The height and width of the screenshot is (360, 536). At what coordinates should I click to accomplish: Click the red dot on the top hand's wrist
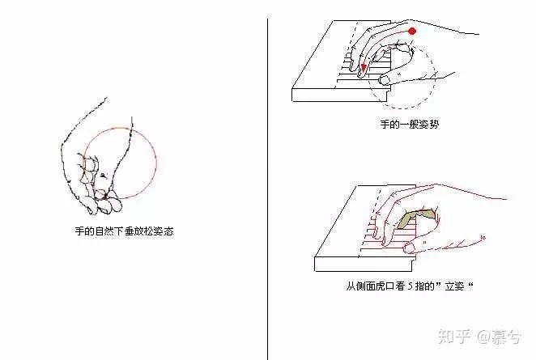[x=412, y=31]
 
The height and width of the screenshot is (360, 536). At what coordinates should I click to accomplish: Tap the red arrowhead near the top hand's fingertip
[x=364, y=68]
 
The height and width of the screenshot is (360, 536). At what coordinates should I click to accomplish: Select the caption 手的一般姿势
[x=409, y=124]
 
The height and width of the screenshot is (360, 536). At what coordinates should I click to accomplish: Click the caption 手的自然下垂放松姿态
[x=125, y=231]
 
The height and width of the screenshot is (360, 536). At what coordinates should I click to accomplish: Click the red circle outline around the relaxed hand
[x=156, y=163]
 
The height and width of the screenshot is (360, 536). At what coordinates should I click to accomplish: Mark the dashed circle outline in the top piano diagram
[x=435, y=75]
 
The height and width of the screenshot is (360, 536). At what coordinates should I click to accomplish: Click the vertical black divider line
[x=267, y=188]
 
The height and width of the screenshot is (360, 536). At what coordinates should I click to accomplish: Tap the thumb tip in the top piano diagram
[x=384, y=81]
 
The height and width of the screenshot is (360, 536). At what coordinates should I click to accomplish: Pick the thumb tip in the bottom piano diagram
[x=408, y=248]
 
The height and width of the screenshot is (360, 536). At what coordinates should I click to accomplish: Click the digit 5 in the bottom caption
[x=410, y=286]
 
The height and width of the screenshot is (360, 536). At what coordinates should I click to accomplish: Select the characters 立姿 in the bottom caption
[x=455, y=286]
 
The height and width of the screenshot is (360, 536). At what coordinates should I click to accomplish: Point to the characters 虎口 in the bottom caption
[x=385, y=286]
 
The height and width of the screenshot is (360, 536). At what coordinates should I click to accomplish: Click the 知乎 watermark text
[x=454, y=337]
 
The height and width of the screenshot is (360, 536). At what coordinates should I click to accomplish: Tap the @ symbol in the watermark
[x=483, y=337]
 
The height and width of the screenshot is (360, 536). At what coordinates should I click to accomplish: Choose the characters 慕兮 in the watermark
[x=506, y=337]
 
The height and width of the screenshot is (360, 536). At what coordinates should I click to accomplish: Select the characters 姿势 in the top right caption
[x=428, y=124]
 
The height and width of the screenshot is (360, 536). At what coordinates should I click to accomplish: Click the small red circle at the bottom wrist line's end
[x=483, y=237]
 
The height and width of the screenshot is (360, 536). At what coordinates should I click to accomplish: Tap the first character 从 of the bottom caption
[x=351, y=286]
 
